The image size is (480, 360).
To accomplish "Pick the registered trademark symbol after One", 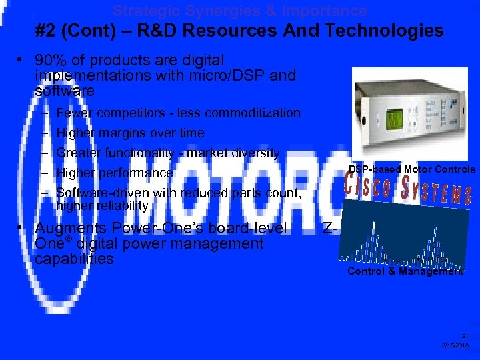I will pos(68,239).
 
